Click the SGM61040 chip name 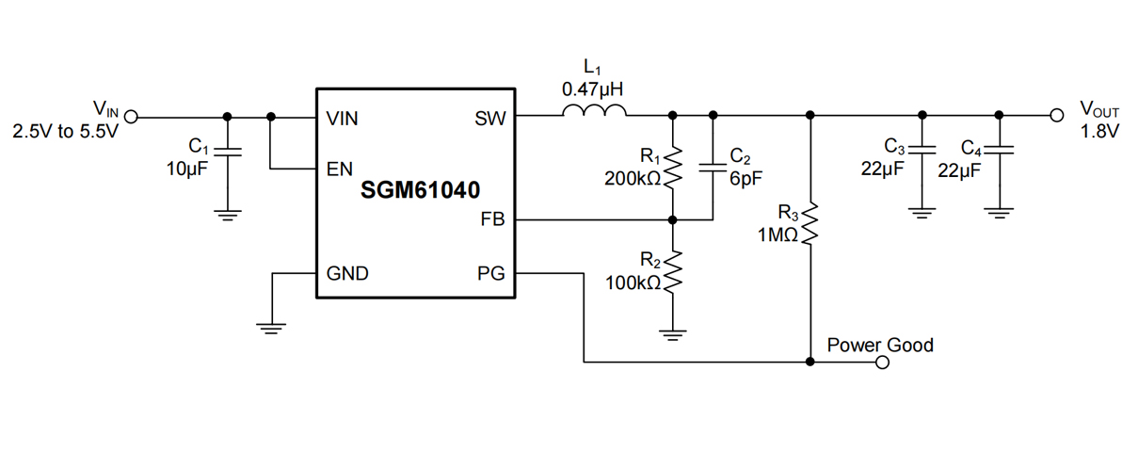[420, 190]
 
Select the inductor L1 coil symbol [594, 115]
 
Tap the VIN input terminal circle [131, 117]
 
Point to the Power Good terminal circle [882, 362]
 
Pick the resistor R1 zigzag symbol [672, 167]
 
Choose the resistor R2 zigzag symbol [672, 272]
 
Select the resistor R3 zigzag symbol [810, 223]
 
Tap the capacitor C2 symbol [712, 168]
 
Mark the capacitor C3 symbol [922, 150]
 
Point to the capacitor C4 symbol [999, 150]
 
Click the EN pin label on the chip [339, 170]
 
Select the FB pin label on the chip [492, 220]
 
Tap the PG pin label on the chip [491, 274]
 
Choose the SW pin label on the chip [490, 119]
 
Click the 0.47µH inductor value [593, 90]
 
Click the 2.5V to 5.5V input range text [65, 132]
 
